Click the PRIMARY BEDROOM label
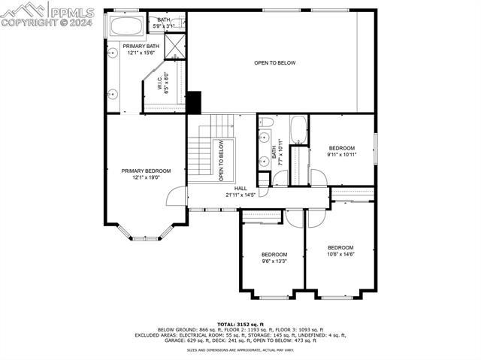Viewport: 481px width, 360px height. pyautogui.click(x=146, y=171)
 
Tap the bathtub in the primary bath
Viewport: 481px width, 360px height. pyautogui.click(x=126, y=26)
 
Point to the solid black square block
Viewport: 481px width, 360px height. pyautogui.click(x=194, y=101)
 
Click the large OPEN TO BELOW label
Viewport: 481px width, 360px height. pyautogui.click(x=274, y=62)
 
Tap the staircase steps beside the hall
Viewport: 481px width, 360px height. pyautogui.click(x=201, y=156)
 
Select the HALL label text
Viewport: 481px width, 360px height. pyautogui.click(x=240, y=189)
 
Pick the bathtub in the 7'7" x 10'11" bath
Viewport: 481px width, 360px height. pyautogui.click(x=298, y=129)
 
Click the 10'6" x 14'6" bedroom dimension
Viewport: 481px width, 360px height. pyautogui.click(x=340, y=255)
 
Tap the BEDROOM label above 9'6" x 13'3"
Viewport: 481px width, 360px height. pyautogui.click(x=274, y=254)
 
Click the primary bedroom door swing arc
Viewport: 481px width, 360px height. pyautogui.click(x=175, y=195)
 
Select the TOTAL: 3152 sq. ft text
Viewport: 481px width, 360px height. pyautogui.click(x=240, y=323)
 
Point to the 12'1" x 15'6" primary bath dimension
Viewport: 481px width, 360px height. pyautogui.click(x=141, y=53)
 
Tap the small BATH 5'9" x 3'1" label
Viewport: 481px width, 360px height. pyautogui.click(x=164, y=23)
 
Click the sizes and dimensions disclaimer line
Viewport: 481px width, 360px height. pyautogui.click(x=240, y=350)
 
